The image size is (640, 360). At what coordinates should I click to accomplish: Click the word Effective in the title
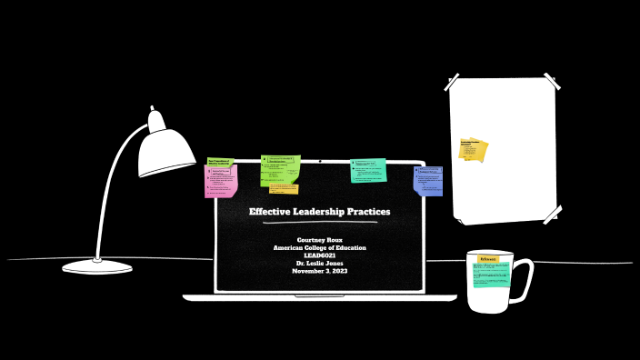click(x=271, y=212)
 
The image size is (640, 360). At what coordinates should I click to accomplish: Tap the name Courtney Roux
click(x=319, y=240)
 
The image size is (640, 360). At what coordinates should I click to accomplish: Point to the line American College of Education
click(x=319, y=248)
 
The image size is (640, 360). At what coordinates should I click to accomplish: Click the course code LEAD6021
click(x=319, y=255)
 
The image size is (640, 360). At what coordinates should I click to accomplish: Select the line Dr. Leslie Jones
click(x=319, y=264)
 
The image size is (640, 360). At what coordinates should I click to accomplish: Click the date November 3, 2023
click(x=319, y=271)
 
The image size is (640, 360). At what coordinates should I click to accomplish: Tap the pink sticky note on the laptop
click(x=221, y=181)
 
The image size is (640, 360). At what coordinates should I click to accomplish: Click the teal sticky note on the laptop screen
click(x=368, y=170)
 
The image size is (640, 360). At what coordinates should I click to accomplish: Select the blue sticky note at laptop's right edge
click(x=428, y=180)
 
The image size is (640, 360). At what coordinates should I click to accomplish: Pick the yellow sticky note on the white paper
click(x=473, y=149)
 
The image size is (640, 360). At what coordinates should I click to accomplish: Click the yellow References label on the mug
click(x=488, y=259)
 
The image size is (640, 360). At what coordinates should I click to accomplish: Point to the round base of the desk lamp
click(x=97, y=267)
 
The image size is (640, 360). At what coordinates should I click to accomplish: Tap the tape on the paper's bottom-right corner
click(x=552, y=215)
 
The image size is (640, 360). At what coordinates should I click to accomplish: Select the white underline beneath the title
click(x=319, y=223)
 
